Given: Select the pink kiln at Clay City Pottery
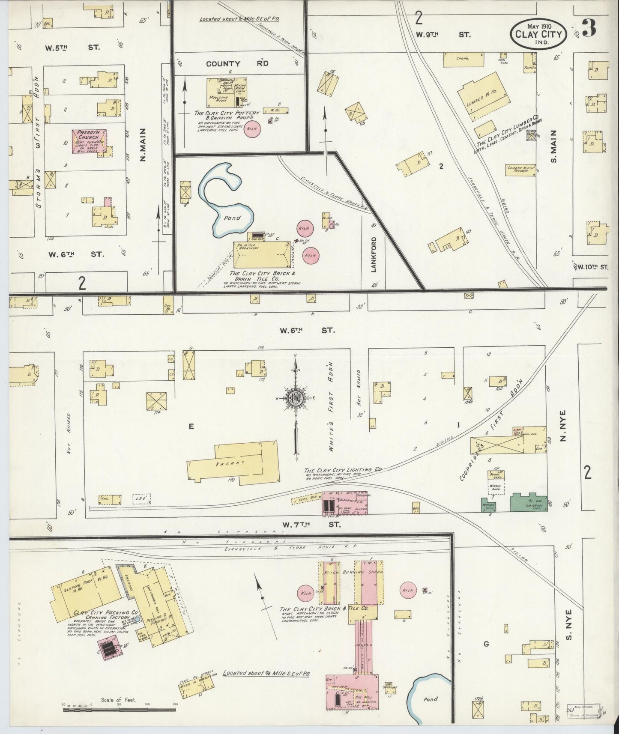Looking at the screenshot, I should click(x=253, y=130).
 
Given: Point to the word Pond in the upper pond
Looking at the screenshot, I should click(x=232, y=218).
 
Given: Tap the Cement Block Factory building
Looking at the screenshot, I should click(x=520, y=170).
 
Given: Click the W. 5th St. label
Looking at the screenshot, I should click(x=73, y=47).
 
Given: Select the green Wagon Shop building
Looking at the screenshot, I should click(x=489, y=505).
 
